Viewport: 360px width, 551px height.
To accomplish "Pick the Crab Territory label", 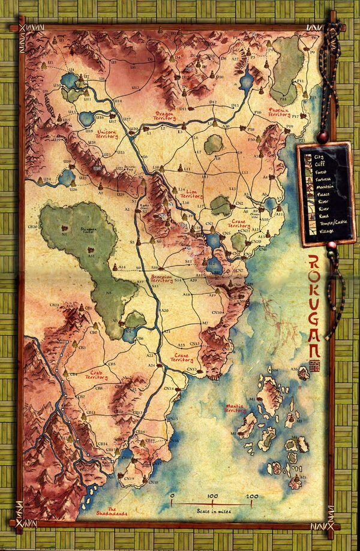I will [x=96, y=375].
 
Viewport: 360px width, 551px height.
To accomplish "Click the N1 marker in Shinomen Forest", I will [x=64, y=235].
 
